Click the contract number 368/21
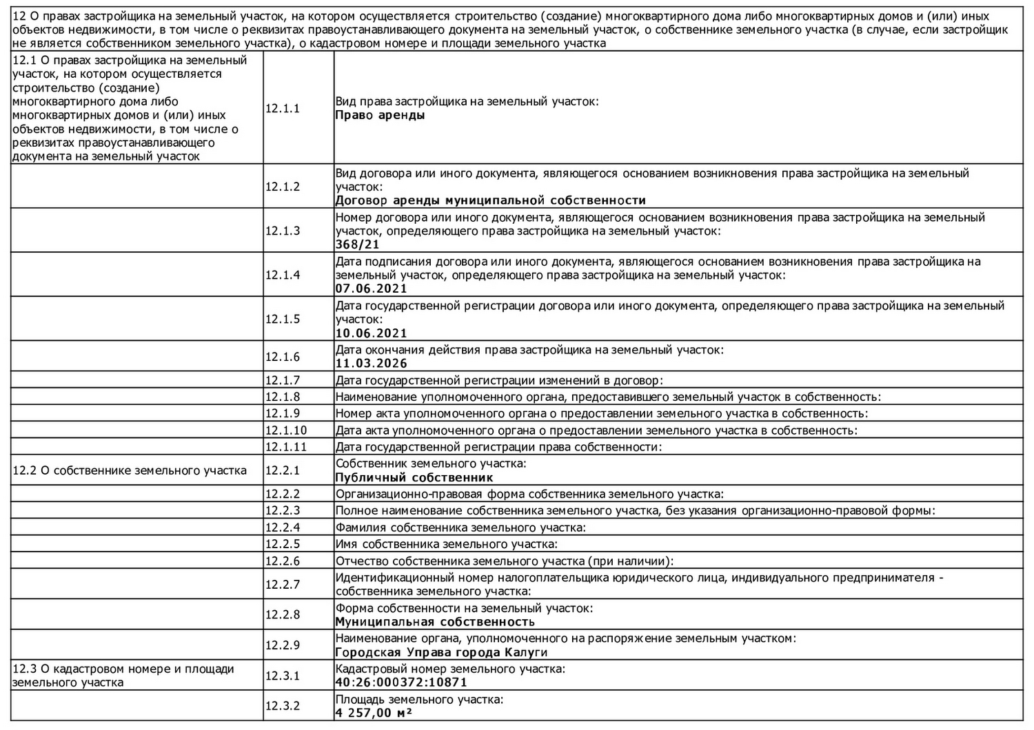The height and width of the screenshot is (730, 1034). click(x=357, y=244)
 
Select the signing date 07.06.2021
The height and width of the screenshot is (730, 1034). click(x=371, y=289)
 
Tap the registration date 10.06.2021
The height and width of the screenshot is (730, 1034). click(x=371, y=333)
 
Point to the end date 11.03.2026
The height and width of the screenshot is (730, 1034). click(x=371, y=364)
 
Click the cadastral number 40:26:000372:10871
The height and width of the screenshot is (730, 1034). click(x=401, y=682)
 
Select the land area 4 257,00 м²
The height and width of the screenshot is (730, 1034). click(x=374, y=713)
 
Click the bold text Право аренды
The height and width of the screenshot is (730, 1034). click(x=380, y=115)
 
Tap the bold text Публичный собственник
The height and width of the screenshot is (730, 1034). click(x=414, y=477)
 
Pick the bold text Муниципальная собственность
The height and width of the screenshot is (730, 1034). click(x=434, y=622)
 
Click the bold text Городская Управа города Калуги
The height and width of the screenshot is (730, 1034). click(x=441, y=652)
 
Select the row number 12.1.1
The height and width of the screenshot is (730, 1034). click(x=283, y=108)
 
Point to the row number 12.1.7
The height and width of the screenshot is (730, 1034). click(x=283, y=380)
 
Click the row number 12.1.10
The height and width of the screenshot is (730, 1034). click(x=285, y=430)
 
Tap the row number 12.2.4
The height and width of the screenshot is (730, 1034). click(x=283, y=528)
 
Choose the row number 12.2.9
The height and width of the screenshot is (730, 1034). click(x=283, y=645)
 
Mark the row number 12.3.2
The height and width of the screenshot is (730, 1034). click(x=283, y=706)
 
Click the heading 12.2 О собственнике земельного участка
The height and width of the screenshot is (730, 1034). click(x=130, y=471)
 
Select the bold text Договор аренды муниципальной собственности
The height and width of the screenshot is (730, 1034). click(x=490, y=200)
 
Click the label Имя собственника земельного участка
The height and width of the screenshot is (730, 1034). click(x=446, y=544)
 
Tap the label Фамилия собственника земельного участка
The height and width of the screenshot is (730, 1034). click(x=460, y=528)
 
